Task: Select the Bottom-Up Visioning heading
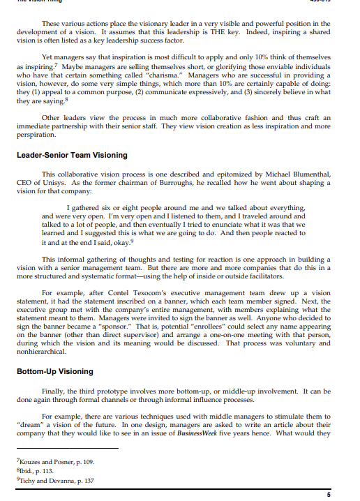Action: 54,371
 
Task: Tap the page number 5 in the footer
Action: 329,494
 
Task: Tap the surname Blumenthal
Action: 304,174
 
